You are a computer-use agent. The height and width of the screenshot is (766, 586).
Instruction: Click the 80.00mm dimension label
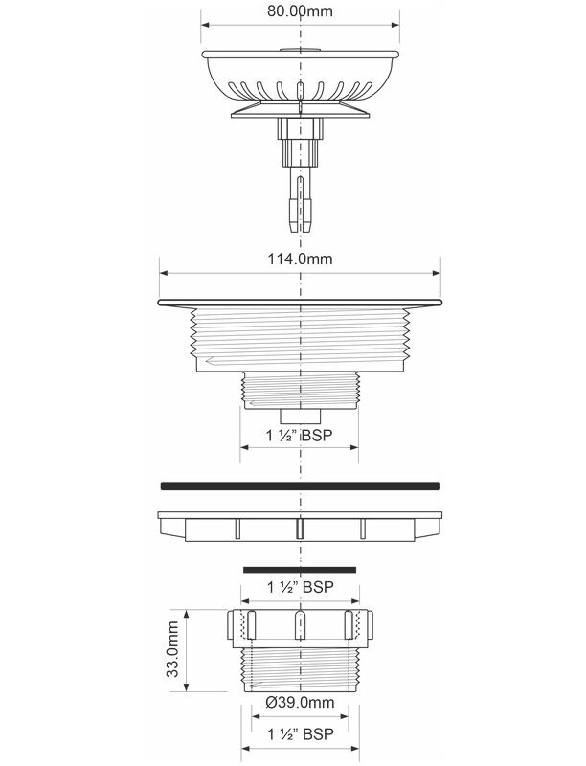(300, 11)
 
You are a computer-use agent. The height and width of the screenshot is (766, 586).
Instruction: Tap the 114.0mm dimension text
(300, 259)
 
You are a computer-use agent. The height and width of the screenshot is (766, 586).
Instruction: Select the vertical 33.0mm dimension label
(172, 649)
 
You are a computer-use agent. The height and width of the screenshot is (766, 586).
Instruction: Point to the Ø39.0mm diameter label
(300, 703)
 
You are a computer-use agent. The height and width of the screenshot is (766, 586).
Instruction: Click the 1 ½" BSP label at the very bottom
(301, 733)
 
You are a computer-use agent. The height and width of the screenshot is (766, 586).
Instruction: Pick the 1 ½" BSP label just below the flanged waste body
(300, 435)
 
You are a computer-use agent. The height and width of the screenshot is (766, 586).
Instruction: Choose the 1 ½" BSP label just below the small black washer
(301, 587)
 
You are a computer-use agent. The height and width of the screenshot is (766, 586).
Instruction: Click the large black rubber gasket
(301, 486)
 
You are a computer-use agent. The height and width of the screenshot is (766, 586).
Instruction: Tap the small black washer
(300, 570)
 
